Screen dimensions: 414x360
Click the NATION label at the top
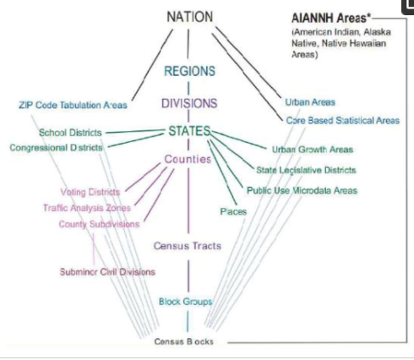[x=190, y=17]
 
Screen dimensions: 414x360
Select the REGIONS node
[x=189, y=71]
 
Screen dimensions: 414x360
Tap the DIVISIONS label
[x=189, y=103]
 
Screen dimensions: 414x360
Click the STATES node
[x=189, y=131]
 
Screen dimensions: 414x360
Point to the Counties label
[x=188, y=159]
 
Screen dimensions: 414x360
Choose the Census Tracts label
[x=188, y=246]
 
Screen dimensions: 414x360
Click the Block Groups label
[x=185, y=302]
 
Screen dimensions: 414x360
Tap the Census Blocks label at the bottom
[x=183, y=341]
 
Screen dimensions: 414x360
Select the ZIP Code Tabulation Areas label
[x=73, y=105]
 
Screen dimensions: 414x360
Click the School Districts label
[x=70, y=133]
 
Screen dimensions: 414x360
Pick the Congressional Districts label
[x=56, y=148]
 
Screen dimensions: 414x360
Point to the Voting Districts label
[x=90, y=192]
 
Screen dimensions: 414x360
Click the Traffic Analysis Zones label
[x=87, y=208]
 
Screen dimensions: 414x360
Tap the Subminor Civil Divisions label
[x=107, y=272]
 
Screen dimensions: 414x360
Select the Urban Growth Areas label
[x=313, y=150]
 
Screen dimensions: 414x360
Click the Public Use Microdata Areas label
[x=302, y=191]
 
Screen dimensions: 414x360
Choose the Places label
[x=233, y=211]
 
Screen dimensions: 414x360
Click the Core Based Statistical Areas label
[x=343, y=121]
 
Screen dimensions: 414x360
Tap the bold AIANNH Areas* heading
[x=331, y=19]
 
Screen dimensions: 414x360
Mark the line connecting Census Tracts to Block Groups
[x=188, y=276]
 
